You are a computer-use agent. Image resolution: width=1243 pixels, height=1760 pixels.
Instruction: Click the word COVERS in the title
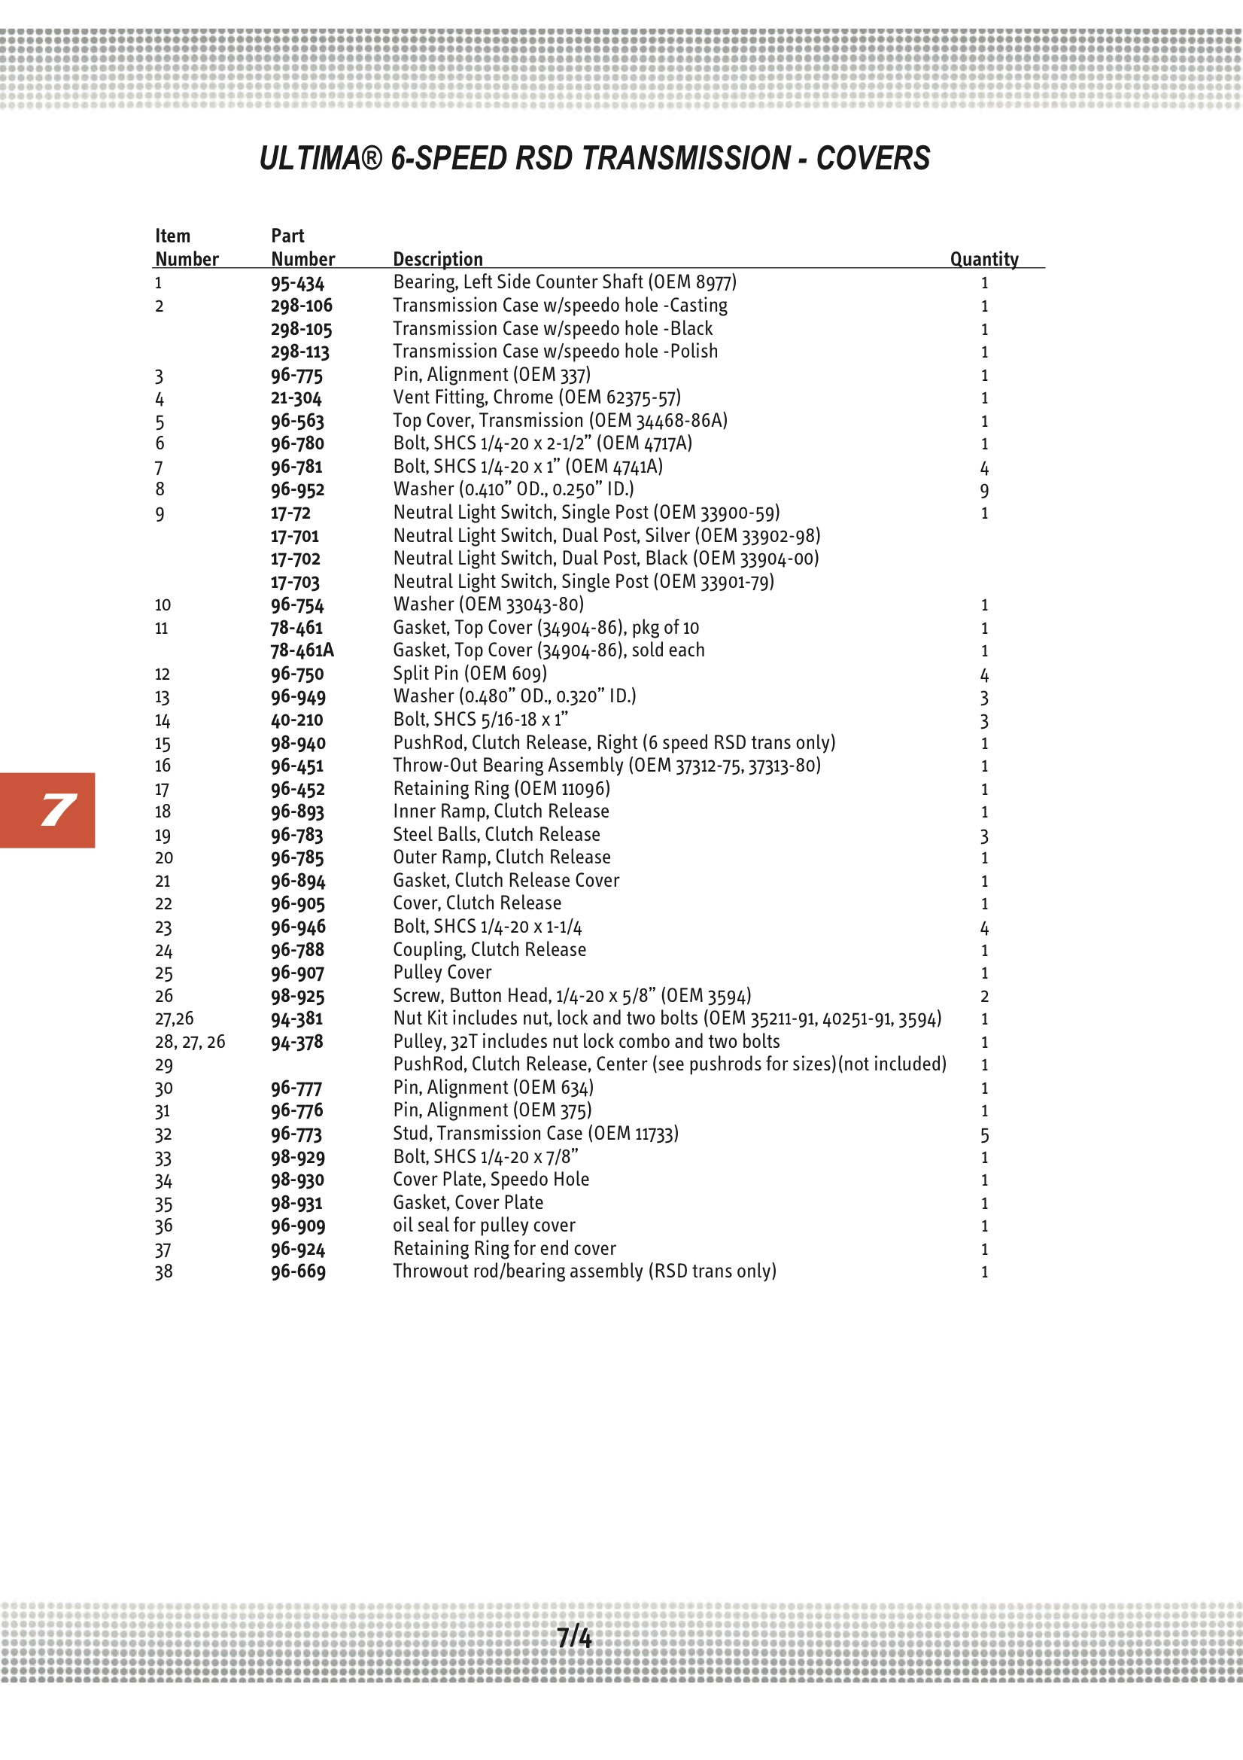[872, 159]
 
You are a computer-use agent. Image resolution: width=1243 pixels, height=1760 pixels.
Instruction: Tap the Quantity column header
[984, 259]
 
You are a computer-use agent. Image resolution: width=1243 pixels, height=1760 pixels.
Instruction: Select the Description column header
[438, 259]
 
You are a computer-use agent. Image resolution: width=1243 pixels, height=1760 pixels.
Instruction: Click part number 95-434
[297, 283]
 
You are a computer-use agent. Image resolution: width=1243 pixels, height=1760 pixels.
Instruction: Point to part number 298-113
[299, 352]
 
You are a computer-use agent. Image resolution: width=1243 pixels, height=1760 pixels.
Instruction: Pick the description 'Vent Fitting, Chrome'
[536, 397]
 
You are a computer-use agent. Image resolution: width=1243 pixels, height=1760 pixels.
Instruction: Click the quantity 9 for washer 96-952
[984, 491]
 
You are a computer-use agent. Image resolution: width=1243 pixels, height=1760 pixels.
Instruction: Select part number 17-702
[295, 559]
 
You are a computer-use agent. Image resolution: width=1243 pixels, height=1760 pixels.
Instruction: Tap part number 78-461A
[302, 651]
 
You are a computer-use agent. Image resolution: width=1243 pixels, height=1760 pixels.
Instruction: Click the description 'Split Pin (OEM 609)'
[470, 674]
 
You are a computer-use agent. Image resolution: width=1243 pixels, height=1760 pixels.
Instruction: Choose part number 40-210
[296, 720]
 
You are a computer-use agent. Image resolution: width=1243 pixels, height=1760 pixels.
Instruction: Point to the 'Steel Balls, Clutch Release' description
[497, 835]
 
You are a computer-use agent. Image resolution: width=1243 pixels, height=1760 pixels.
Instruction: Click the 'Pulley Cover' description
[442, 973]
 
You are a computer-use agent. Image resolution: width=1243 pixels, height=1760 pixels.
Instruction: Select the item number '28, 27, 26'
[190, 1042]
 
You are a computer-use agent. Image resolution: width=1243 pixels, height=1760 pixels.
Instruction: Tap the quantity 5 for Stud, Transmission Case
[984, 1134]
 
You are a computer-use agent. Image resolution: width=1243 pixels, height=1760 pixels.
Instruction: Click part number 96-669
[298, 1271]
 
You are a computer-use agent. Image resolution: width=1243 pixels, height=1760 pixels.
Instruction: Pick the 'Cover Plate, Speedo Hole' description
[491, 1180]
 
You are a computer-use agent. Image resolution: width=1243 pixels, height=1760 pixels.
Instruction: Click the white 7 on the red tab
[58, 810]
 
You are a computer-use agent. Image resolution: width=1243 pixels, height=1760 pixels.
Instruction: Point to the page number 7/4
[574, 1637]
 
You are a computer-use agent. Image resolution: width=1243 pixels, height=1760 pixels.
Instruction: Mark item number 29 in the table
[164, 1065]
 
